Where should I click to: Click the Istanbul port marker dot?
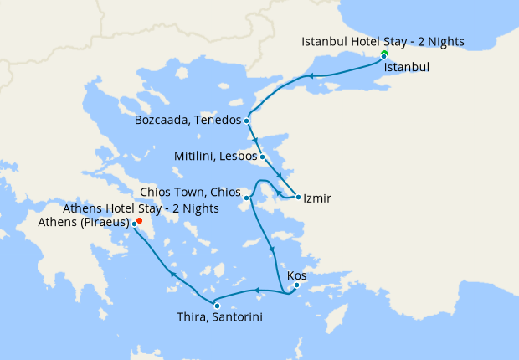click(x=383, y=56)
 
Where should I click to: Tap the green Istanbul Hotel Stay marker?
click(x=383, y=54)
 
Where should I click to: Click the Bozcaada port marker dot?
click(x=247, y=121)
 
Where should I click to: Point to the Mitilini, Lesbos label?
click(x=214, y=156)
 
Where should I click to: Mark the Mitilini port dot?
click(x=262, y=156)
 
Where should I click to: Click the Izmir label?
click(x=317, y=198)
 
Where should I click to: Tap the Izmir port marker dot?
click(x=298, y=198)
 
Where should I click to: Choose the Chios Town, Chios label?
click(x=193, y=192)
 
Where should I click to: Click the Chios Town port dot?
click(x=247, y=198)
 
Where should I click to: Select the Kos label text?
click(x=296, y=275)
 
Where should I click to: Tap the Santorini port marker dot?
click(x=217, y=306)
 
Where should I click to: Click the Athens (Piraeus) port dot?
click(x=134, y=224)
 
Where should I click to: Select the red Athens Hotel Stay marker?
click(x=139, y=221)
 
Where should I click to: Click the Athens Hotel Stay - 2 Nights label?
click(x=141, y=208)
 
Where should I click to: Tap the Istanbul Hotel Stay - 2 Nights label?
click(x=383, y=41)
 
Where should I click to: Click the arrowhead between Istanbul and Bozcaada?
click(x=310, y=76)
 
